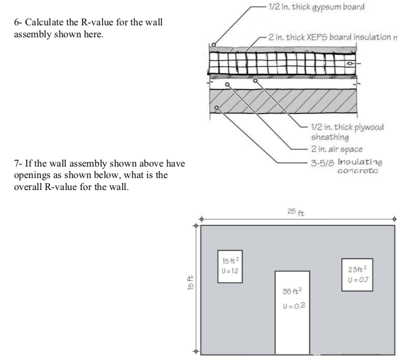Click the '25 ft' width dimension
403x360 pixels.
[298, 211]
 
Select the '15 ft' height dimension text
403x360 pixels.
[191, 279]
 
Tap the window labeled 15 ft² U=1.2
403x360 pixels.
[229, 267]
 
